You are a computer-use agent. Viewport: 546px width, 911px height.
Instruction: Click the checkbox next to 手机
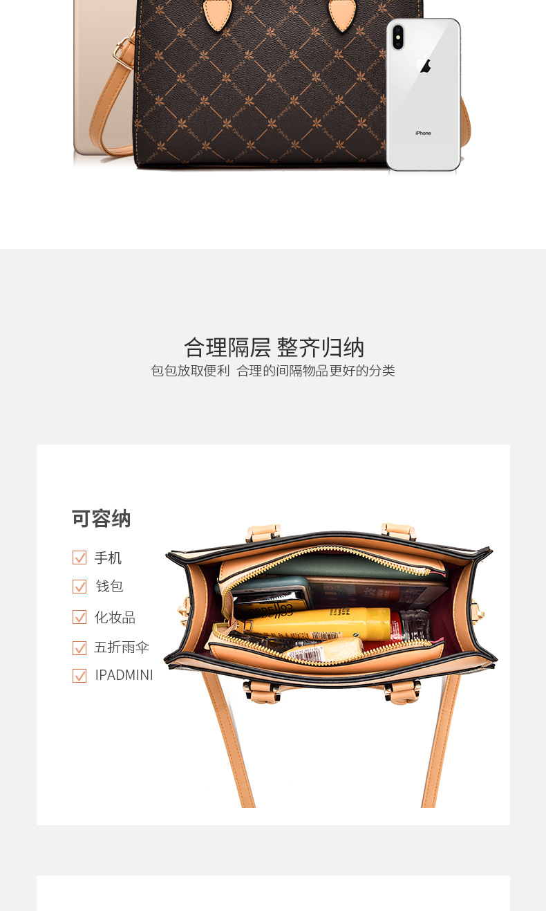click(79, 558)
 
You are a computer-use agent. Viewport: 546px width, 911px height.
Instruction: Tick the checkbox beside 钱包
click(79, 587)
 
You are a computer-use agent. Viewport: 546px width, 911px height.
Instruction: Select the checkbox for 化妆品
click(79, 617)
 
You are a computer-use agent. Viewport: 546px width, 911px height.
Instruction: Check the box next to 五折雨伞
click(79, 648)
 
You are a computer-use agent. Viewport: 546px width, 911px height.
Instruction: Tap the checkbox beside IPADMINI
click(79, 676)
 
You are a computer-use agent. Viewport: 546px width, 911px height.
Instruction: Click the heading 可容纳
click(101, 519)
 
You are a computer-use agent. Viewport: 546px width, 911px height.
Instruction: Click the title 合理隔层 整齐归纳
click(274, 347)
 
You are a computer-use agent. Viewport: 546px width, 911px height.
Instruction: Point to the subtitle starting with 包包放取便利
click(273, 371)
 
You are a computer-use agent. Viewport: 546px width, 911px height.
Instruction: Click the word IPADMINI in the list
click(124, 675)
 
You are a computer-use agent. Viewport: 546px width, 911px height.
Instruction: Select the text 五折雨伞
click(122, 647)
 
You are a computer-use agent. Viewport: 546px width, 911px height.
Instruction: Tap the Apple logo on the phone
click(426, 66)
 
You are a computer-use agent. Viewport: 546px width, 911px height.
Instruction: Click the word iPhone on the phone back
click(423, 133)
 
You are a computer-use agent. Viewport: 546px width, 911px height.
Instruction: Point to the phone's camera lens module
click(397, 37)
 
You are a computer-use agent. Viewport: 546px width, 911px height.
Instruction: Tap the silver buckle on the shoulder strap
click(123, 48)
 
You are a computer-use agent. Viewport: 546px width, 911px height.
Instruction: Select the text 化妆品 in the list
click(115, 617)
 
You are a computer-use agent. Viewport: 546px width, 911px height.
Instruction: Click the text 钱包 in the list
click(109, 587)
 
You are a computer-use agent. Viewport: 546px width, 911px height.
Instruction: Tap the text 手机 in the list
click(108, 558)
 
